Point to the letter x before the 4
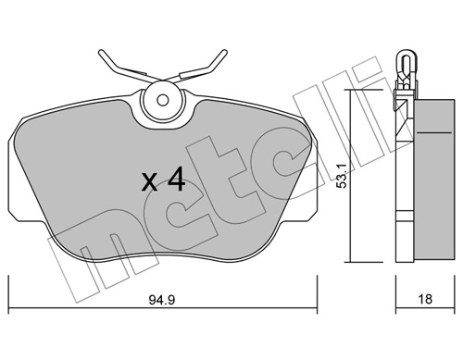coord(149,182)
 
